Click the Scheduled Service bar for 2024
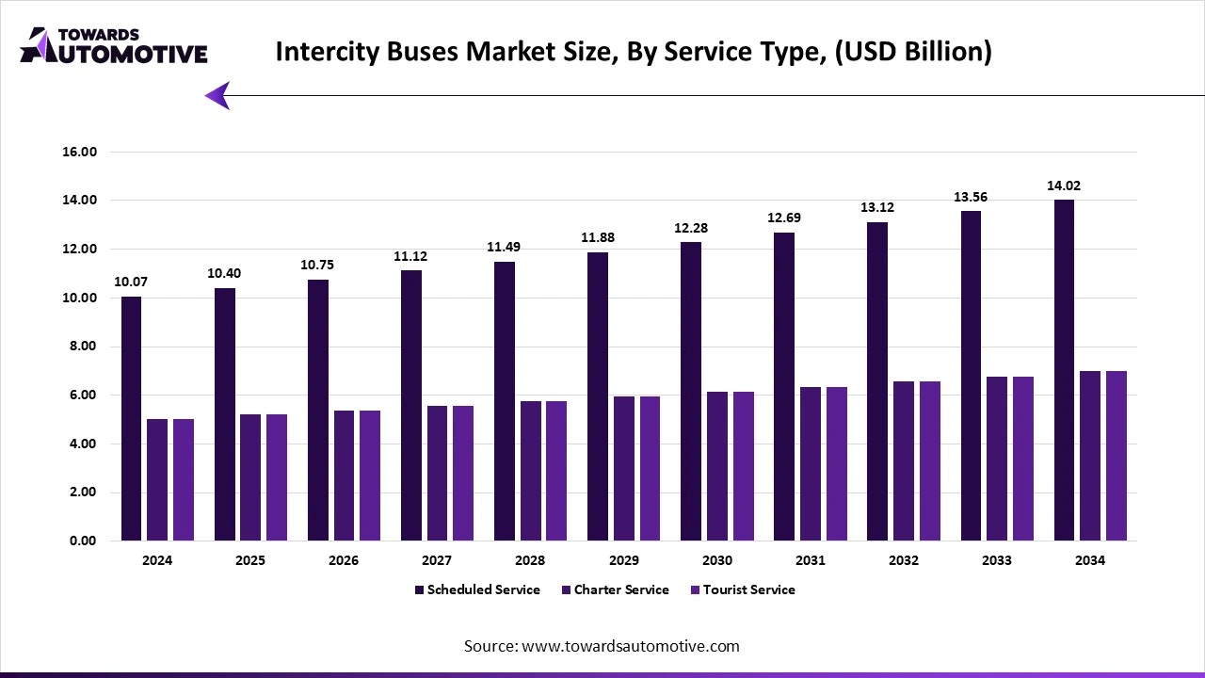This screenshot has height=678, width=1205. (x=131, y=419)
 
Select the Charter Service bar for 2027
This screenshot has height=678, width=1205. (x=437, y=473)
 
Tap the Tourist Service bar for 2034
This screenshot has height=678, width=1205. (x=1117, y=456)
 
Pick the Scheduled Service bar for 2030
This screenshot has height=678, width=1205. (x=691, y=392)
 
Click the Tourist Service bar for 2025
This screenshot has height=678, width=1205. (x=277, y=477)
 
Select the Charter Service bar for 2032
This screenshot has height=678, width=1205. (x=904, y=460)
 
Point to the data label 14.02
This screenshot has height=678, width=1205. (x=1064, y=186)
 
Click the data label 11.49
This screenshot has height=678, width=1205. (x=504, y=248)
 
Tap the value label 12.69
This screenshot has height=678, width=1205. (x=784, y=218)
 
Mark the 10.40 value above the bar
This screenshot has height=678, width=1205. (x=224, y=274)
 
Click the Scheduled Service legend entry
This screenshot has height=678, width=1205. (x=477, y=589)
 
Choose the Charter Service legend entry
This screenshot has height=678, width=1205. (x=615, y=589)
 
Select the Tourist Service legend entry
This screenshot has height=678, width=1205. (x=743, y=589)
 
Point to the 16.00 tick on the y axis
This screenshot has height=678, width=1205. (x=78, y=152)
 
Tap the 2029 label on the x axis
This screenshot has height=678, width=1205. (x=623, y=560)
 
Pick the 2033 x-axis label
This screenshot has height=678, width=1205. (x=997, y=560)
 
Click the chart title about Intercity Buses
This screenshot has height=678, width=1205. (x=633, y=53)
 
